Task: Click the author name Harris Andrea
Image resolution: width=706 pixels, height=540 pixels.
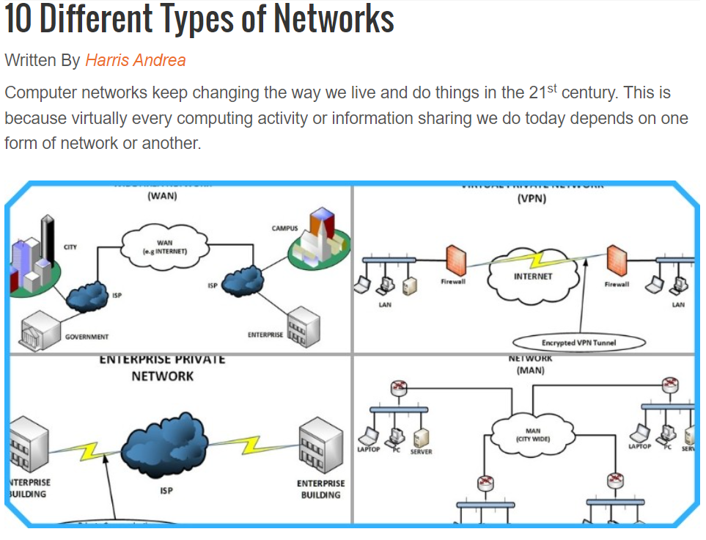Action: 135,60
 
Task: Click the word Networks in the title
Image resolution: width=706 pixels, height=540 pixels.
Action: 334,20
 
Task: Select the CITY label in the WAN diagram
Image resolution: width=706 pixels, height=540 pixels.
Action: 70,247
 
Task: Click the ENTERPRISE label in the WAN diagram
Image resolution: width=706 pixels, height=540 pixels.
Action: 265,335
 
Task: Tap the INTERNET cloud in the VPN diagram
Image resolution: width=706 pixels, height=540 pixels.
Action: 533,277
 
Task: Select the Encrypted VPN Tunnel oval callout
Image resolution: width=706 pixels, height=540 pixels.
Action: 579,343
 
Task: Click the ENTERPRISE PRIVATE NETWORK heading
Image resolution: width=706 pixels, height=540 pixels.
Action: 162,368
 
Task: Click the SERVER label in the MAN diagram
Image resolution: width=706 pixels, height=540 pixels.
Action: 421,452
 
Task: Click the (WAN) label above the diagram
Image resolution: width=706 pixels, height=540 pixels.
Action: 162,196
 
